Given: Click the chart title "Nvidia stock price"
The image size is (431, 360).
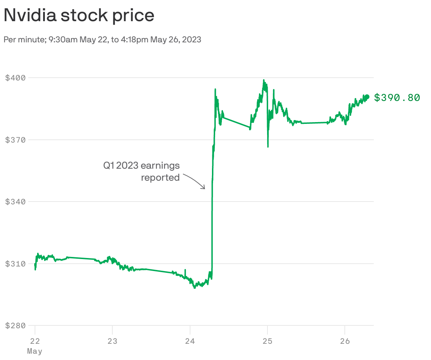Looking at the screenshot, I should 79,16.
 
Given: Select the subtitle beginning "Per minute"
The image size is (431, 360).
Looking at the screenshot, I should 102,40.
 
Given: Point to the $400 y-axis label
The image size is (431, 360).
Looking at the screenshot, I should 16,78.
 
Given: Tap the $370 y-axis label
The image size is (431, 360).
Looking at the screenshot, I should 16,140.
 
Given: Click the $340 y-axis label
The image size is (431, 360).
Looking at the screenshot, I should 16,202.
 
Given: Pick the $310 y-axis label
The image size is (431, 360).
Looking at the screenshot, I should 16,264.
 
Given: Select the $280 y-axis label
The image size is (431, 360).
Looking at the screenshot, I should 16,325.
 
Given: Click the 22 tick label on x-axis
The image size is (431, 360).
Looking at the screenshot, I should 35,341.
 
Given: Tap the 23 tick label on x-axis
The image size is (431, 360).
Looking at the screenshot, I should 112,341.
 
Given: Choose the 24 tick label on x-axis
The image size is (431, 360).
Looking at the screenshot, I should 190,341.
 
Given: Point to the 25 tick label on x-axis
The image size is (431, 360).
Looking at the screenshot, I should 267,341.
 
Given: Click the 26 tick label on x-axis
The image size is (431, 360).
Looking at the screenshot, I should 345,341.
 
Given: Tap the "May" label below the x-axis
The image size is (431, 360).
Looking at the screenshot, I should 35,351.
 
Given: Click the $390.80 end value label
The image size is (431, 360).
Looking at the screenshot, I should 397,97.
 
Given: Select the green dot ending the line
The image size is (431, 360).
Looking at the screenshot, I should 367,97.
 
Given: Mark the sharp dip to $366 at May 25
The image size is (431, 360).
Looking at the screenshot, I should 268,146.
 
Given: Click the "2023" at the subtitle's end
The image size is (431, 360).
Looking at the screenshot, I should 192,40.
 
